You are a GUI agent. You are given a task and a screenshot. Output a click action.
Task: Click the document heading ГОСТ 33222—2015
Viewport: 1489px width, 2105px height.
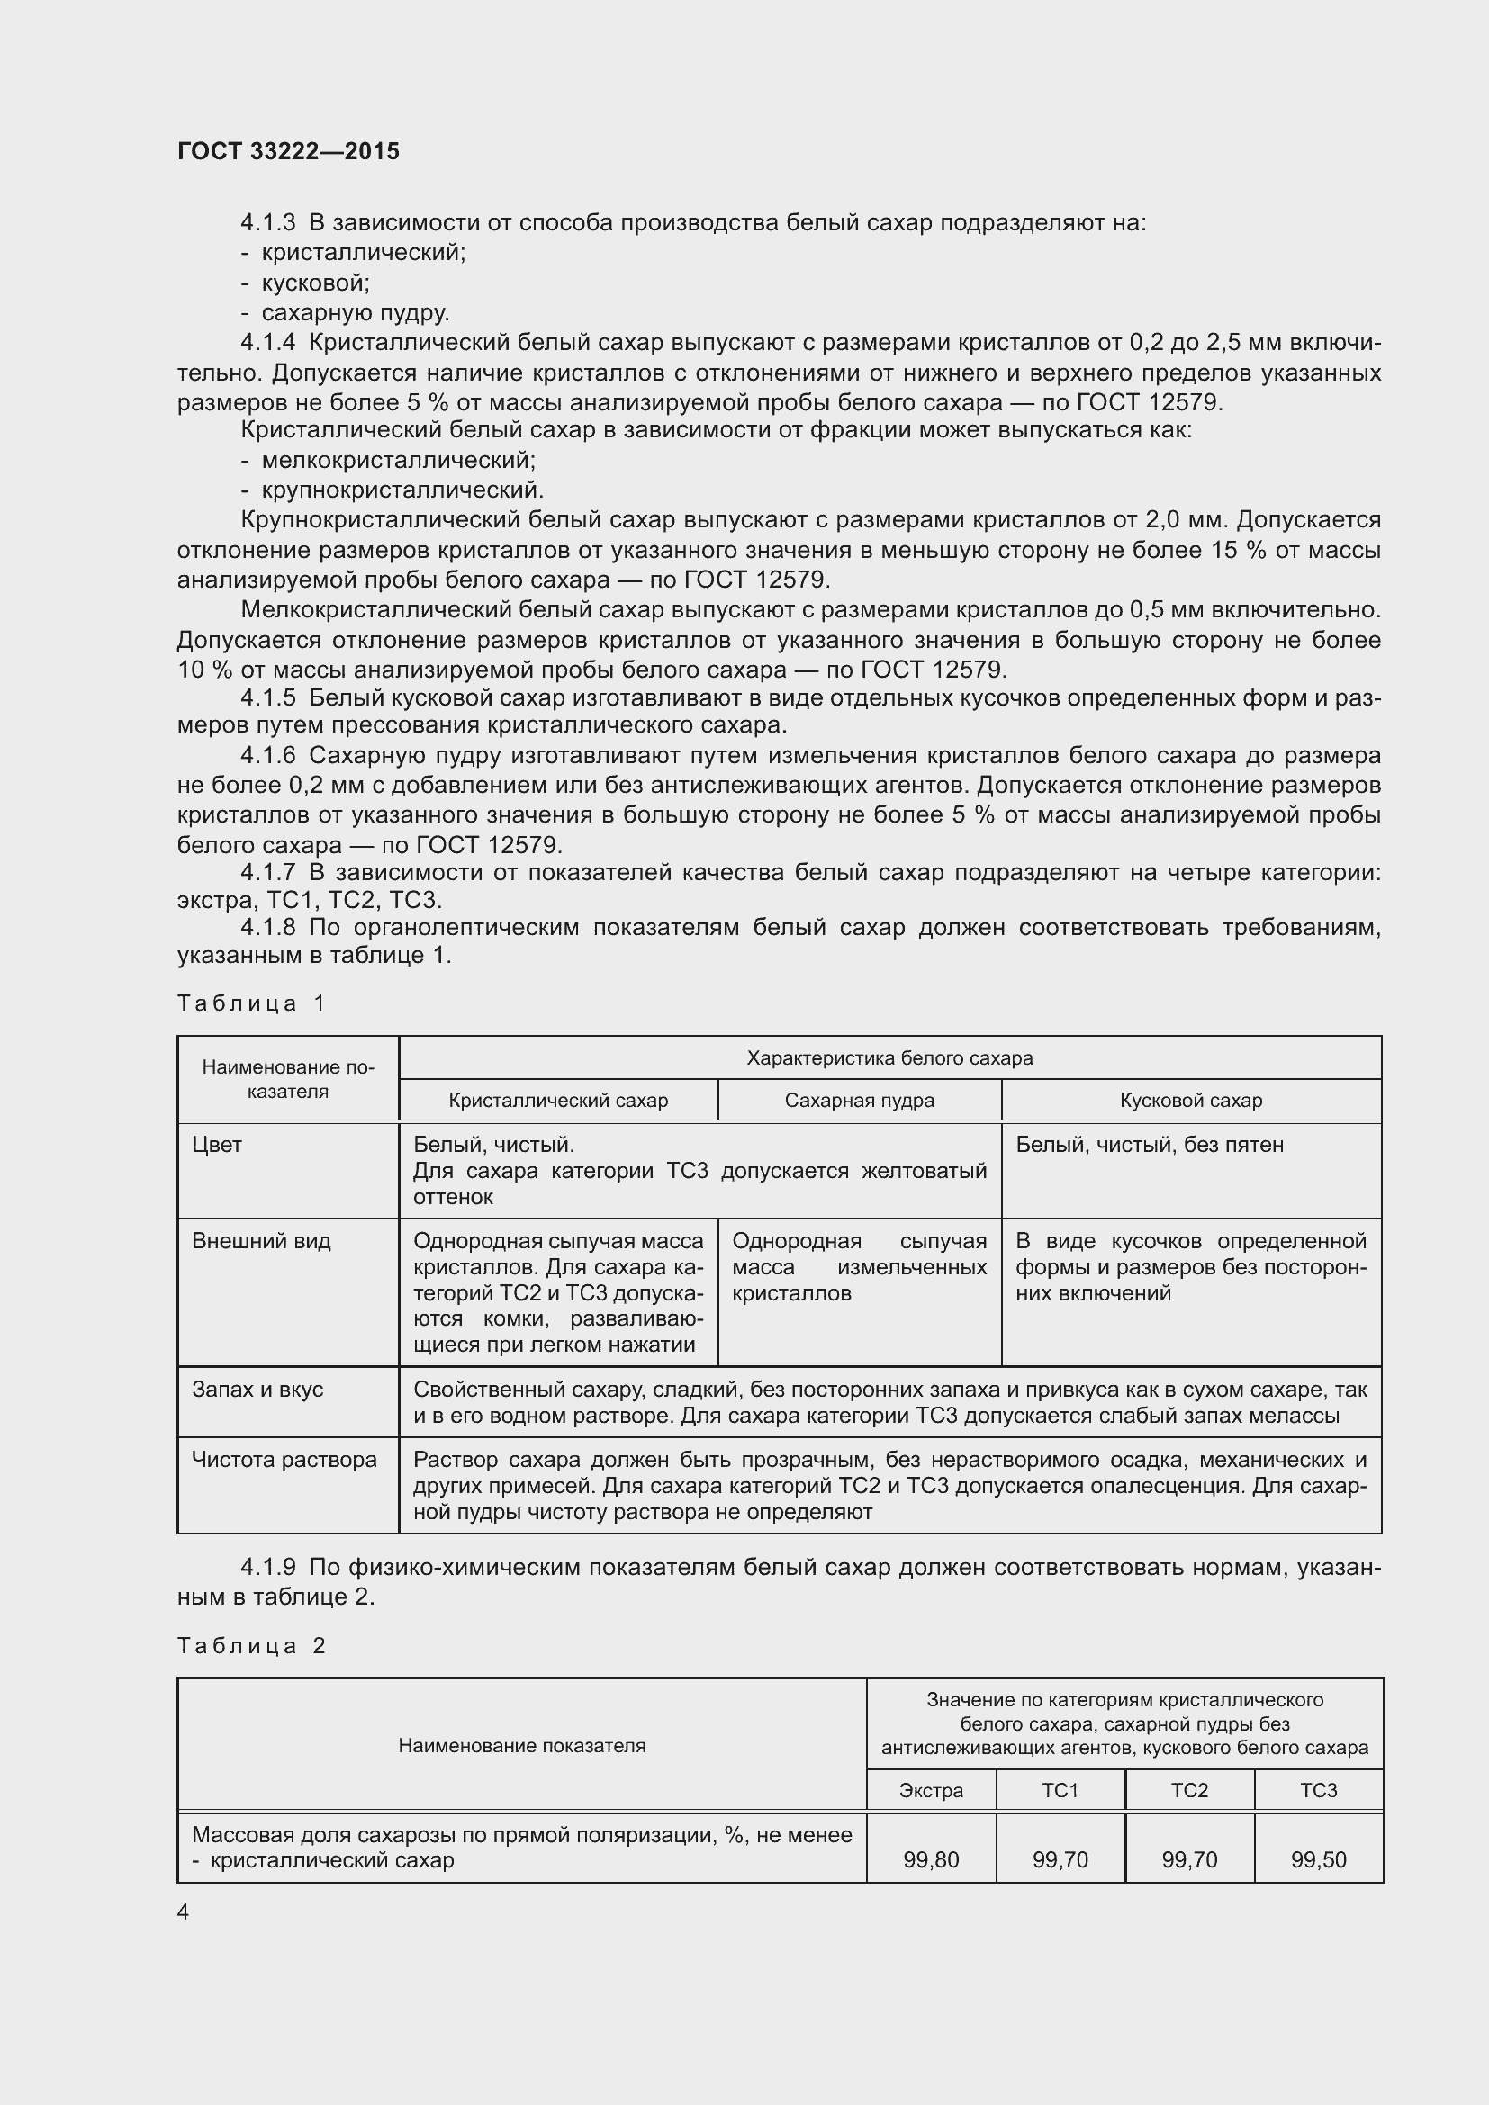point(288,151)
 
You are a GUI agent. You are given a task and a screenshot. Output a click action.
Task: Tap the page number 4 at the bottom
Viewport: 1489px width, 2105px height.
point(184,1912)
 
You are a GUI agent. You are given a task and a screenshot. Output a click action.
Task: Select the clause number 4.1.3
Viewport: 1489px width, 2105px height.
point(267,223)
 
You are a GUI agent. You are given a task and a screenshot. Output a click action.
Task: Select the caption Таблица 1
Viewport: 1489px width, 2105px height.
point(251,1003)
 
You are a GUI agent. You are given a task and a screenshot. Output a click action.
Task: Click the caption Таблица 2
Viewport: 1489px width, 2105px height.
point(251,1646)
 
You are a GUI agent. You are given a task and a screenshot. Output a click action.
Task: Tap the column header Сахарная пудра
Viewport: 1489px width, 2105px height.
point(859,1100)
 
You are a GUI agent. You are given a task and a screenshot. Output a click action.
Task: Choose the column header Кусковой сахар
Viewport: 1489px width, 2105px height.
point(1190,1100)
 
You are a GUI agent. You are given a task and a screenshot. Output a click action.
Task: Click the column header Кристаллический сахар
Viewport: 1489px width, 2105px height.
point(557,1100)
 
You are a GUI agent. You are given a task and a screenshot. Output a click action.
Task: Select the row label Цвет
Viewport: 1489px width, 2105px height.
point(217,1145)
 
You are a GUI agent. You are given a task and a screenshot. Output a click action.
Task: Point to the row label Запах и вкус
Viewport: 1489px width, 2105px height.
point(257,1390)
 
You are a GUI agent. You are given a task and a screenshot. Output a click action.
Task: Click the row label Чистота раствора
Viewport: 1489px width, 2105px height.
point(284,1460)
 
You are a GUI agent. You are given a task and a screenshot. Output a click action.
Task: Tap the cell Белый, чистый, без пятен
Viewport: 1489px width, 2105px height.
point(1150,1145)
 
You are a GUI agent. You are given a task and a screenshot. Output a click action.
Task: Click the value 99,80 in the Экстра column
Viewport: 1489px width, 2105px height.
point(931,1860)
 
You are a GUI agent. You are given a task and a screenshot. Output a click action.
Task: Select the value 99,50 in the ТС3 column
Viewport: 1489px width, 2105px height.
point(1319,1860)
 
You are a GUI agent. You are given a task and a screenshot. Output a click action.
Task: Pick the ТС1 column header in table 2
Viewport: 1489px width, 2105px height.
point(1060,1791)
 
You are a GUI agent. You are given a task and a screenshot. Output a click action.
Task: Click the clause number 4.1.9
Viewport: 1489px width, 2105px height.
point(267,1568)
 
